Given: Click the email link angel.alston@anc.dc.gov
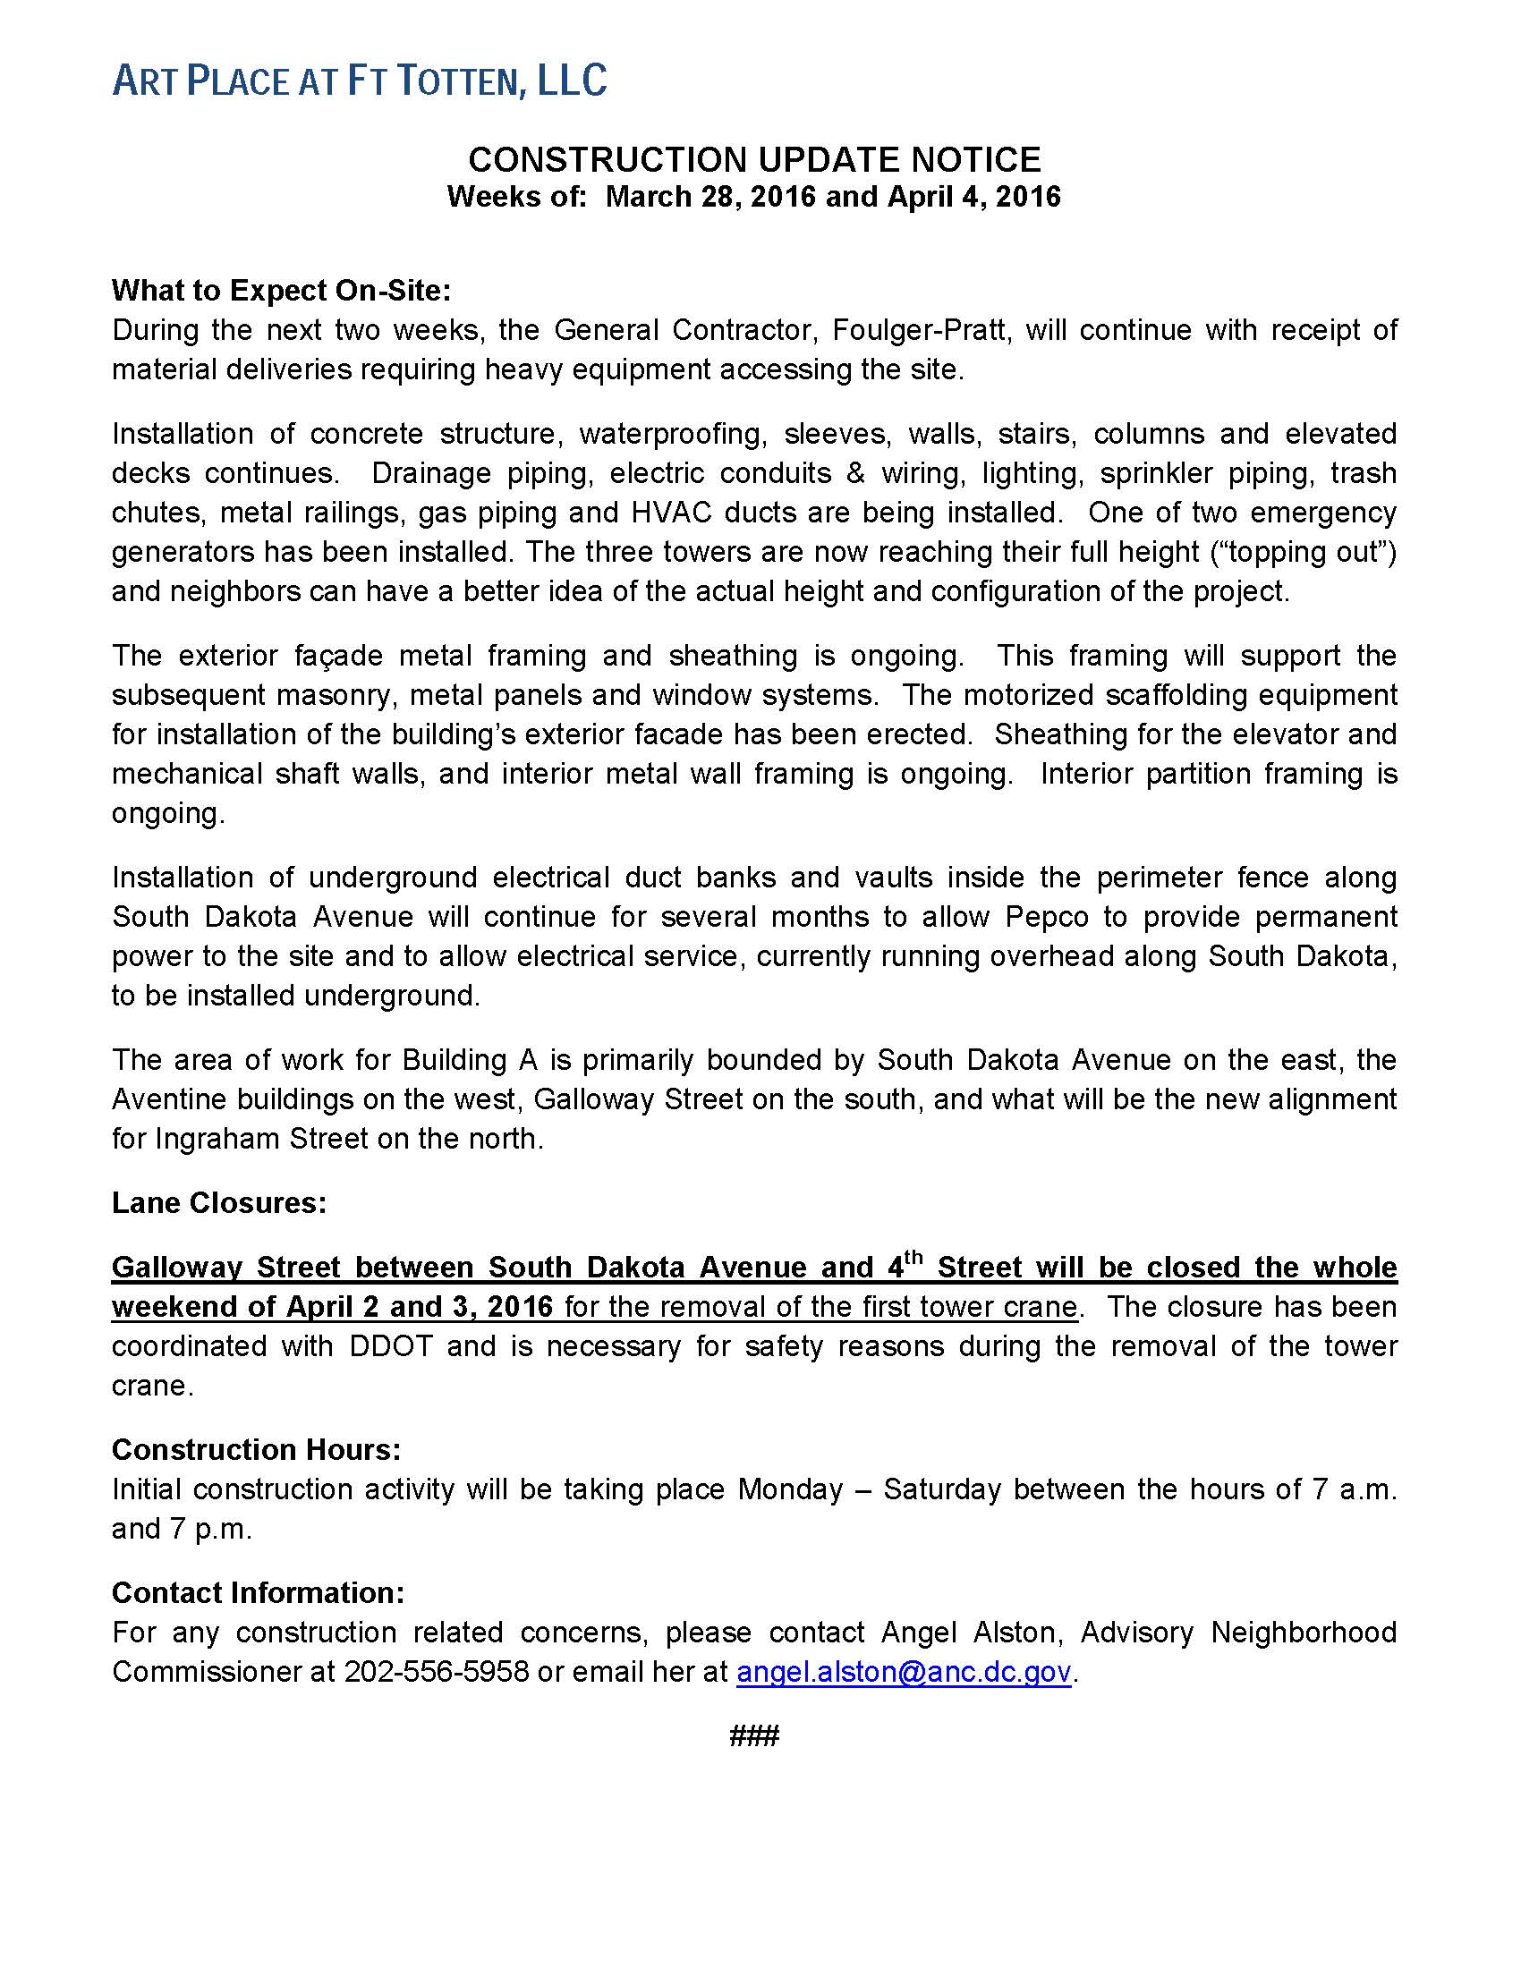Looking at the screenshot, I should pyautogui.click(x=903, y=1673).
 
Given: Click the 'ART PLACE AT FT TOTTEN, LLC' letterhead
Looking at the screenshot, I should pyautogui.click(x=359, y=81).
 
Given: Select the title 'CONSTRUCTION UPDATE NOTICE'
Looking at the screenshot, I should pyautogui.click(x=754, y=160).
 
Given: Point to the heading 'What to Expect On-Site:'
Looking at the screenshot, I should pyautogui.click(x=280, y=291).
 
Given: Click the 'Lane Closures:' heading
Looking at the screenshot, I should pyautogui.click(x=219, y=1203).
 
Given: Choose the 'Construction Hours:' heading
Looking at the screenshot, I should pyautogui.click(x=256, y=1449).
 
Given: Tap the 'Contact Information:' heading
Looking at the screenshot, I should pyautogui.click(x=258, y=1593).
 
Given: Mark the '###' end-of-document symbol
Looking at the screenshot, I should pyautogui.click(x=754, y=1736).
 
